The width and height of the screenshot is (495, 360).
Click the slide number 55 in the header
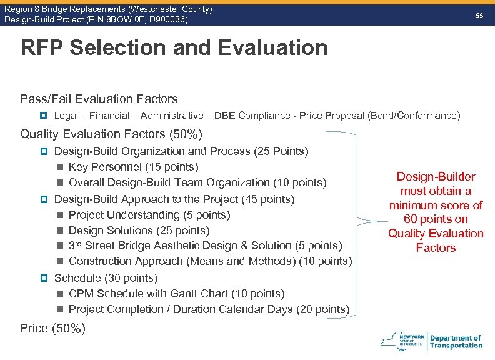coord(480,16)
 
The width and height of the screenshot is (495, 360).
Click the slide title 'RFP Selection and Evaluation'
coord(174,47)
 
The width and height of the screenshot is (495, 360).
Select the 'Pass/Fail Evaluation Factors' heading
coord(99,99)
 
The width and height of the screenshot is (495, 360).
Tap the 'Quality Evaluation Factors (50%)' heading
coord(111,134)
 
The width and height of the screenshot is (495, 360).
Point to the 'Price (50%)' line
coord(52,328)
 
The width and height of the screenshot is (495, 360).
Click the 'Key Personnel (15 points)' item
coord(133,167)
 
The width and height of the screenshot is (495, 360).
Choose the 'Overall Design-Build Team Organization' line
coord(197,182)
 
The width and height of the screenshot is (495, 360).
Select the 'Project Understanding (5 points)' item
coord(149,215)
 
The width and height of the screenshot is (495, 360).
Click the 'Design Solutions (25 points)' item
coord(139,231)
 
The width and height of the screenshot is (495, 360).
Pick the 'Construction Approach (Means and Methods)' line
coord(210,261)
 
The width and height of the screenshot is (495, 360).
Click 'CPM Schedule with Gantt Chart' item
coord(176,294)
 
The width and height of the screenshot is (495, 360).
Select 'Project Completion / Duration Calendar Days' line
coord(209,309)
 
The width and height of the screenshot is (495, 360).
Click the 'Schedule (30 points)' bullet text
coord(106,278)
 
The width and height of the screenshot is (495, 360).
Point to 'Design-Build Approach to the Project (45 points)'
coord(175,199)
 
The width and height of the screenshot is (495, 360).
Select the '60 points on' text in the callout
coord(436,219)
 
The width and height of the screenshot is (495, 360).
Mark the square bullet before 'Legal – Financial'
coord(44,116)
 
